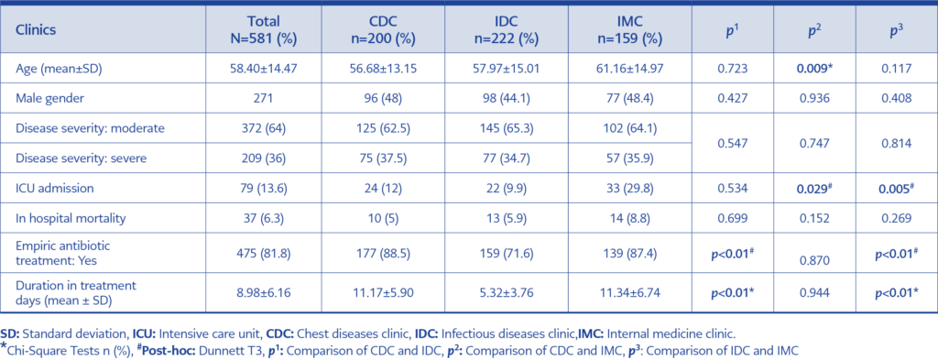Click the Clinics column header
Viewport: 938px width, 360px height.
[x=36, y=29]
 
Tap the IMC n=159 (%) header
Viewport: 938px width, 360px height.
[x=624, y=29]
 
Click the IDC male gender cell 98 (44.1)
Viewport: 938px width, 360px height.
[x=507, y=98]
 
